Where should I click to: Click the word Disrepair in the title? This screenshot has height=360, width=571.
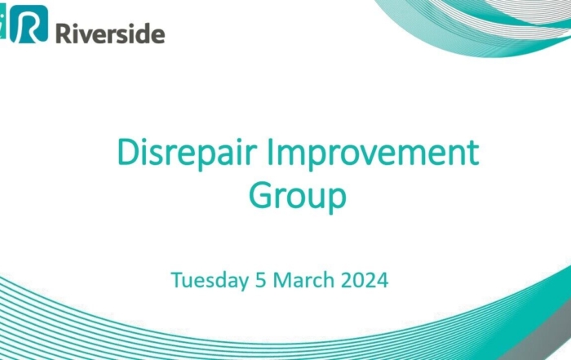pos(187,153)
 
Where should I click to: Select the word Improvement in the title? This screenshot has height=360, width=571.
pos(373,153)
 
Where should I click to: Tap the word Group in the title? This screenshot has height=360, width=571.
pos(298,197)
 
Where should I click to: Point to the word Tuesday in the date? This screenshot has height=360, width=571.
pos(210,280)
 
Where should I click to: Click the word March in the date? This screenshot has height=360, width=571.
pos(303,280)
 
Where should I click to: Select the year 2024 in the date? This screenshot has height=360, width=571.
pos(365,280)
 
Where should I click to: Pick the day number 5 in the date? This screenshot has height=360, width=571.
pos(261,280)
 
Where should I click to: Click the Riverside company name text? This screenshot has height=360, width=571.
pos(110,33)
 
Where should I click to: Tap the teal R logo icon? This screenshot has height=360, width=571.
pos(29,24)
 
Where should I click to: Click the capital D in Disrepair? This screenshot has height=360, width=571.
pos(129,153)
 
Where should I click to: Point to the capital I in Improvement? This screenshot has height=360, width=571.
pos(270,153)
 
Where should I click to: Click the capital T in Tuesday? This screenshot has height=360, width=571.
pos(179,280)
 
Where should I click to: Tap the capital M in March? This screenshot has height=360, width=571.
pos(282,280)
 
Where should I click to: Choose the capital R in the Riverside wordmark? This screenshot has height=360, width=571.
pos(64,33)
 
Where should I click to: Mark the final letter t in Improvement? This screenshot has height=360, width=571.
pos(473,153)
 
